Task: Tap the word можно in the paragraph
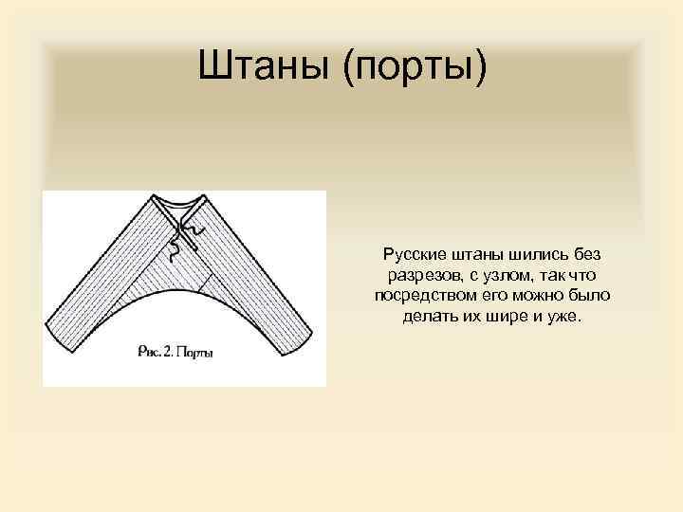click(x=547, y=296)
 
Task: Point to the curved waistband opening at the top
click(x=179, y=203)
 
